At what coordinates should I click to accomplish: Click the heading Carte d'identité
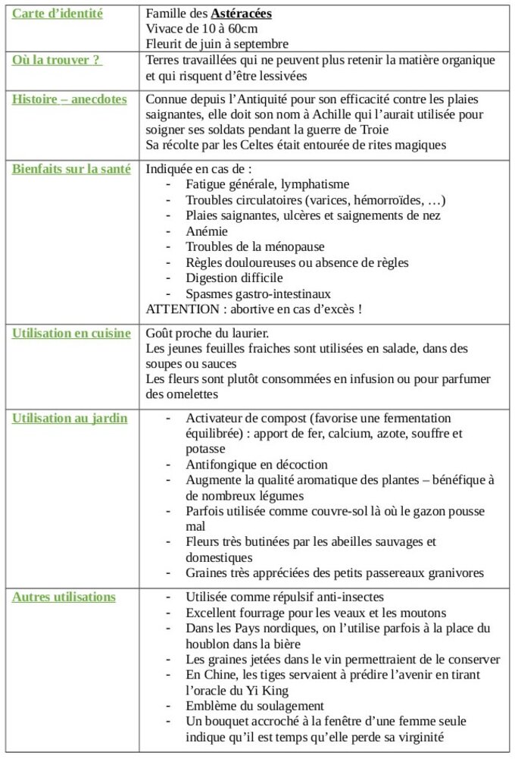pos(58,14)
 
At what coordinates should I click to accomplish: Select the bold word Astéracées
pos(242,14)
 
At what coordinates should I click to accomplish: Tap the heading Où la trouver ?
pos(57,60)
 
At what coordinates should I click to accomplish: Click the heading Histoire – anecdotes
pos(70,99)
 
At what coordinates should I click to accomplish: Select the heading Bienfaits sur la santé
pos(71,169)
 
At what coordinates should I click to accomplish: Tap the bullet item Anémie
pos(207,231)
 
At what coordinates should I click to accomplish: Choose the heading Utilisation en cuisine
pos(71,333)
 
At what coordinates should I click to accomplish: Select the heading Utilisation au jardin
pos(70,418)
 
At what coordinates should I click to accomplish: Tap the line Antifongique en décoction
pos(257,464)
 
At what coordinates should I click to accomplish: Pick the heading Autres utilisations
pos(64,597)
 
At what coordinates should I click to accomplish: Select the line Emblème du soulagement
pos(254,705)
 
